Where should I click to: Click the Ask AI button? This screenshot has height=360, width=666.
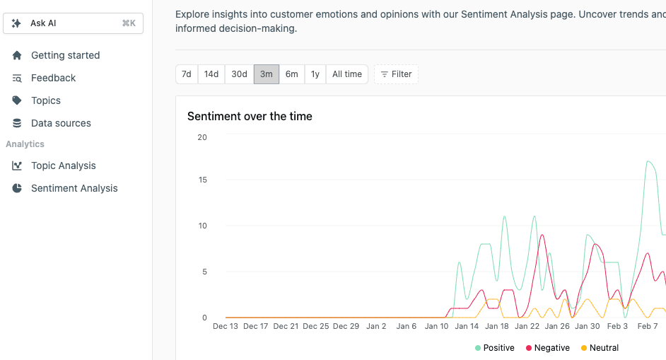pyautogui.click(x=73, y=23)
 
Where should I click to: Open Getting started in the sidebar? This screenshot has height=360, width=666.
pyautogui.click(x=65, y=55)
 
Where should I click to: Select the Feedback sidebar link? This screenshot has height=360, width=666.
pyautogui.click(x=53, y=78)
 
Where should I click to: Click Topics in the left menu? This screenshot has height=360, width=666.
pyautogui.click(x=46, y=100)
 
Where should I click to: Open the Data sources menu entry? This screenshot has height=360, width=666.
pyautogui.click(x=61, y=123)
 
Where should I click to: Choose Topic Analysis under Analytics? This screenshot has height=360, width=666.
pyautogui.click(x=63, y=166)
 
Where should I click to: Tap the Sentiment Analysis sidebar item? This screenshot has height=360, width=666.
pyautogui.click(x=74, y=188)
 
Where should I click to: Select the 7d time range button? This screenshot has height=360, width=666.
pyautogui.click(x=187, y=74)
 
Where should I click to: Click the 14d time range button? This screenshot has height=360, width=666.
pyautogui.click(x=211, y=74)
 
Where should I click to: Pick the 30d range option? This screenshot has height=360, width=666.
pyautogui.click(x=240, y=74)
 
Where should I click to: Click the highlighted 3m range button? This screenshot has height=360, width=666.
pyautogui.click(x=267, y=74)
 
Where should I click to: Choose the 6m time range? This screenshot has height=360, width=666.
pyautogui.click(x=292, y=74)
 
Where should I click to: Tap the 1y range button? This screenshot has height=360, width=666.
pyautogui.click(x=315, y=74)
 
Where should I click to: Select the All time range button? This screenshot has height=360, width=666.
pyautogui.click(x=347, y=74)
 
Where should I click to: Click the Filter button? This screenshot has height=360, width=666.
pyautogui.click(x=396, y=74)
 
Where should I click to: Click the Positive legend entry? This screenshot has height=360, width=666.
pyautogui.click(x=495, y=348)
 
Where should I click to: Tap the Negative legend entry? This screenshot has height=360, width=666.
pyautogui.click(x=547, y=348)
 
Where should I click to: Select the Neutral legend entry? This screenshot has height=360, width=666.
pyautogui.click(x=600, y=348)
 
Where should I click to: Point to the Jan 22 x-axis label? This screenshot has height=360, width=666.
pyautogui.click(x=527, y=326)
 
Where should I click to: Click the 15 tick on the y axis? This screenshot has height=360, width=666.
pyautogui.click(x=202, y=180)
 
